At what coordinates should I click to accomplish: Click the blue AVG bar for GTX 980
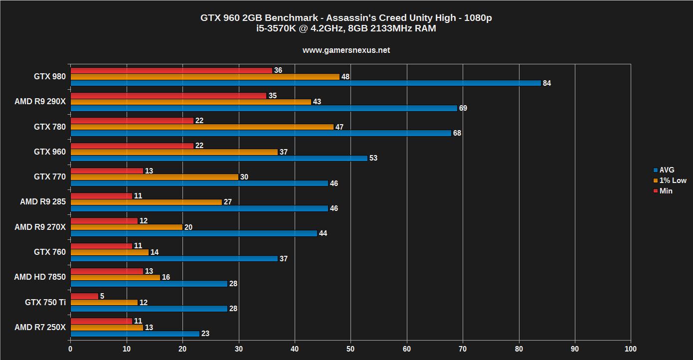pyautogui.click(x=306, y=83)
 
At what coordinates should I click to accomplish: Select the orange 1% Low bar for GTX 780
pyautogui.click(x=202, y=127)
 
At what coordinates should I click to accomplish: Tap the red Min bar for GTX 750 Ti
pyautogui.click(x=84, y=296)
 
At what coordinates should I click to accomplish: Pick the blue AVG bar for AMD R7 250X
pyautogui.click(x=135, y=334)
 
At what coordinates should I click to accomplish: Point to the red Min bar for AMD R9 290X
pyautogui.click(x=169, y=96)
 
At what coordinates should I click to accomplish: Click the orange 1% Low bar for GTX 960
pyautogui.click(x=174, y=152)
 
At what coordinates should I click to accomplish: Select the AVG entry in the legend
pyautogui.click(x=666, y=170)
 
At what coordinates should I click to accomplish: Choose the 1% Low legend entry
pyautogui.click(x=672, y=180)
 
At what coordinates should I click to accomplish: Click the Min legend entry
pyautogui.click(x=665, y=191)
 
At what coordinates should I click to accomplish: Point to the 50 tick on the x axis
pyautogui.click(x=350, y=349)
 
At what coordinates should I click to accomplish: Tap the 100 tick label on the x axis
pyautogui.click(x=631, y=349)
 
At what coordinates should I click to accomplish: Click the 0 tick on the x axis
pyautogui.click(x=70, y=349)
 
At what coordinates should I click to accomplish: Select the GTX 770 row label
pyautogui.click(x=49, y=177)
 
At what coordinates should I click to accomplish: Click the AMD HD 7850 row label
pyautogui.click(x=39, y=277)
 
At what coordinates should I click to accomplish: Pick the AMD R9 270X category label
pyautogui.click(x=40, y=227)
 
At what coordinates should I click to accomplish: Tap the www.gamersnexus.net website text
pyautogui.click(x=346, y=50)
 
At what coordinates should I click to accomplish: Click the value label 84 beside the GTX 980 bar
pyautogui.click(x=547, y=83)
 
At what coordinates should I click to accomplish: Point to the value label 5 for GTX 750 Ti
pyautogui.click(x=102, y=296)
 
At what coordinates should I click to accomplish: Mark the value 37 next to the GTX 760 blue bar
pyautogui.click(x=284, y=259)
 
